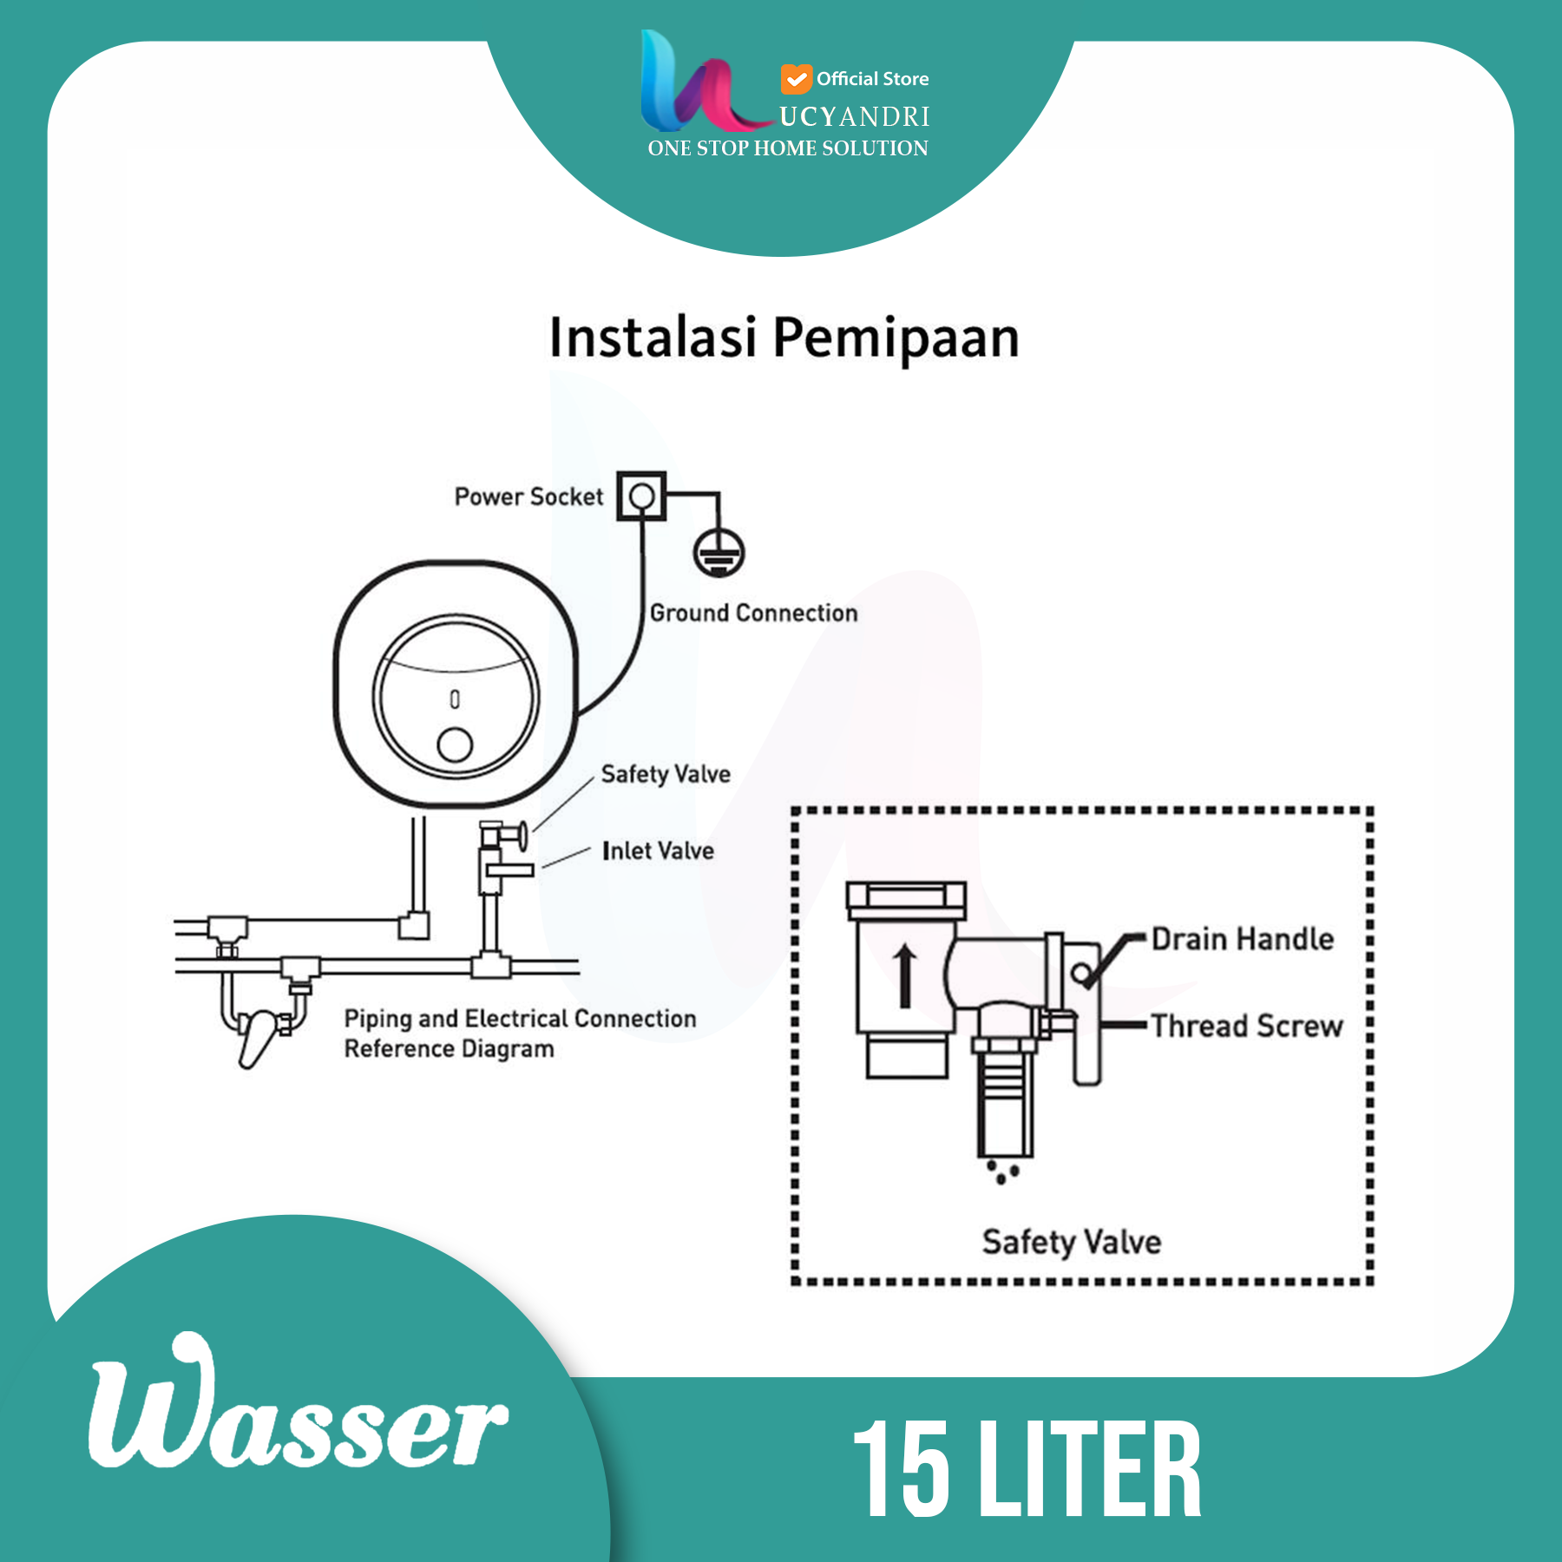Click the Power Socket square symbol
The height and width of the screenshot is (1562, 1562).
641,496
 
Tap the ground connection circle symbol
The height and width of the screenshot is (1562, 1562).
719,553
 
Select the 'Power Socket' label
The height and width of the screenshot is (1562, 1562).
528,496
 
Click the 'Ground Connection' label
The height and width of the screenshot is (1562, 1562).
753,614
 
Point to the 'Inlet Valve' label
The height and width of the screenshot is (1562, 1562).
658,850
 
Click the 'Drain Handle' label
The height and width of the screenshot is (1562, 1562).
1243,939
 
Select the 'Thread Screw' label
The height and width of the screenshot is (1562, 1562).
1247,1026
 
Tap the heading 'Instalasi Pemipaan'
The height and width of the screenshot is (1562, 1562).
784,338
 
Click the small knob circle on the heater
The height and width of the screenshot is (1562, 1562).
455,745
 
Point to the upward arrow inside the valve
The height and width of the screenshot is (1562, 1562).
905,976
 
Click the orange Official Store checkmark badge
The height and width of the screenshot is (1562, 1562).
796,79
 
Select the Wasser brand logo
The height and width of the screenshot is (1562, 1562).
298,1405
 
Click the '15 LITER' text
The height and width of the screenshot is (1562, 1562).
1027,1469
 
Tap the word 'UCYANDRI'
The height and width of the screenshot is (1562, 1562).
855,116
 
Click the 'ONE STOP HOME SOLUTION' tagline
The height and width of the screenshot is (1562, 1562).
788,148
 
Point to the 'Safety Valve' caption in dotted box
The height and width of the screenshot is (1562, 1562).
1072,1243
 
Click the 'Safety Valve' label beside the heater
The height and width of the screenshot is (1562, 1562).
666,774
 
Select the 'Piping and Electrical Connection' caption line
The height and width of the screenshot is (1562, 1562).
521,1019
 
